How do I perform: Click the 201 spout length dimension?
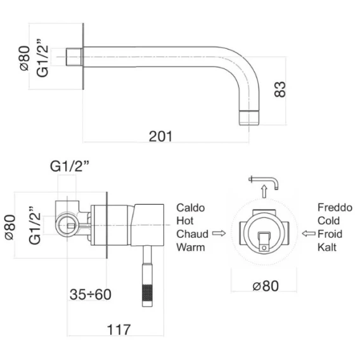click(160, 136)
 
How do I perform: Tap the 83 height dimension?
click(280, 89)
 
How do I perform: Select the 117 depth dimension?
click(119, 330)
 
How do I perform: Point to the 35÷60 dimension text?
click(91, 294)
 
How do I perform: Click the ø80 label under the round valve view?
click(266, 286)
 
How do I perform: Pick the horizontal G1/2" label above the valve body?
click(70, 166)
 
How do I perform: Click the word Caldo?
click(190, 208)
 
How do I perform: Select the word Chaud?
click(193, 234)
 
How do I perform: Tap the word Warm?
click(191, 247)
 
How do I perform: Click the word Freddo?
click(335, 207)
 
